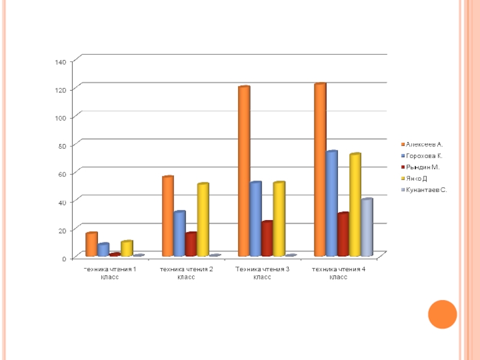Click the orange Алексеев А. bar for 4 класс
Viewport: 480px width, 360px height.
click(320, 171)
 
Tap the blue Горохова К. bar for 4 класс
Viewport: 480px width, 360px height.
click(331, 205)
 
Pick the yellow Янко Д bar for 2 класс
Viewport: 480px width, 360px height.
click(203, 220)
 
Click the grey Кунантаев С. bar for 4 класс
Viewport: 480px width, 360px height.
click(367, 228)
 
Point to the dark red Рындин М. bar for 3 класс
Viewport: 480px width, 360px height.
click(267, 239)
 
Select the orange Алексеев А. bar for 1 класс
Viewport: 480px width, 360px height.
click(91, 245)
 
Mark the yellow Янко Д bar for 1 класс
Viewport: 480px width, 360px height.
click(126, 249)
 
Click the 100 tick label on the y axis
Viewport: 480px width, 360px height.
click(60, 118)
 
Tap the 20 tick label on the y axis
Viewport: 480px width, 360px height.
click(62, 230)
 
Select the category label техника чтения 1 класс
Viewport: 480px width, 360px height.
click(110, 273)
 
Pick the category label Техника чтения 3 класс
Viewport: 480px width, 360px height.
click(262, 273)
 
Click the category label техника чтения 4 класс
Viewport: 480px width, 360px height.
click(338, 273)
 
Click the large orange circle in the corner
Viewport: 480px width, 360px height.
click(443, 314)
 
